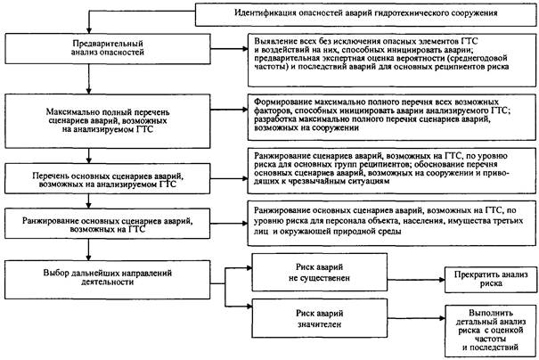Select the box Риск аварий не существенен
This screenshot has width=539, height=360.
point(320,274)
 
